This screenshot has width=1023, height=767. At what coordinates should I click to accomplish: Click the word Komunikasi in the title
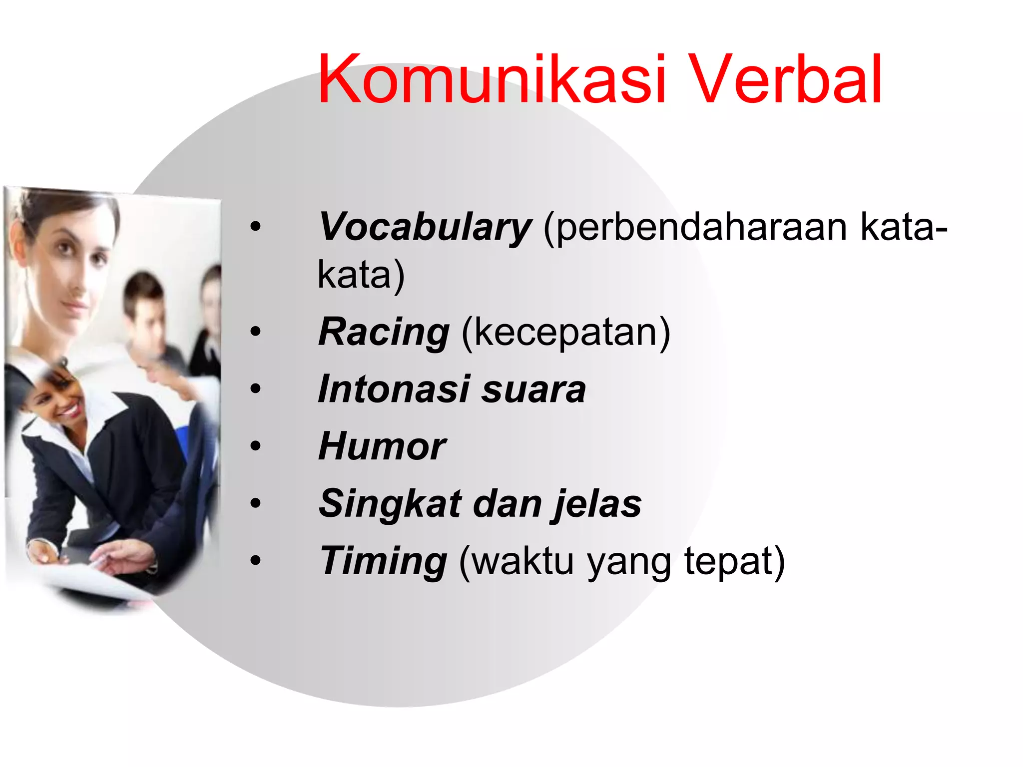(x=492, y=80)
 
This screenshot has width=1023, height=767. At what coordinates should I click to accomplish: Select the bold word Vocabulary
(x=425, y=227)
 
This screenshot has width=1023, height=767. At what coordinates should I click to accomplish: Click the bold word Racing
(x=384, y=332)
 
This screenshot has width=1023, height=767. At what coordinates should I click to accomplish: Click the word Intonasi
(x=394, y=389)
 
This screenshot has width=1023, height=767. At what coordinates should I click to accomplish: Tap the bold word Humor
(x=382, y=446)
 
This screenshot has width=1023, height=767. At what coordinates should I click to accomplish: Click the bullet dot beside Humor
(x=256, y=446)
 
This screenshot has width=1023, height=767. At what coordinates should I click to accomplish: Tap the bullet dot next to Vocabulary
(x=256, y=227)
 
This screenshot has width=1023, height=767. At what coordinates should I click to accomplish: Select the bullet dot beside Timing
(x=256, y=561)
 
